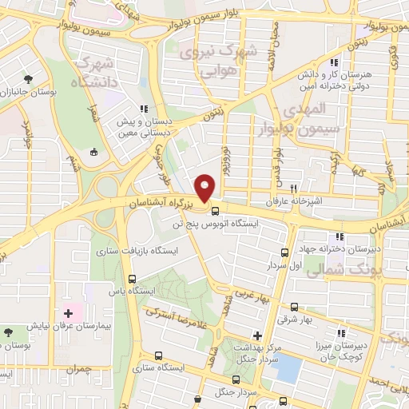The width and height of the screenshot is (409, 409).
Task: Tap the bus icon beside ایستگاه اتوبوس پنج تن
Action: [216, 211]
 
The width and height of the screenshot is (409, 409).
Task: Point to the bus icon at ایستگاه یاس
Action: [132, 280]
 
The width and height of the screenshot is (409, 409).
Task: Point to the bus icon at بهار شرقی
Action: [295, 307]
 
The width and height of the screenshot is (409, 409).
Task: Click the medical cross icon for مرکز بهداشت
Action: [257, 336]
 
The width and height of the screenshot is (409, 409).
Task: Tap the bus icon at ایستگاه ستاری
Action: [159, 355]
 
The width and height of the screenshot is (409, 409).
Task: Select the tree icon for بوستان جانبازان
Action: [30, 79]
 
